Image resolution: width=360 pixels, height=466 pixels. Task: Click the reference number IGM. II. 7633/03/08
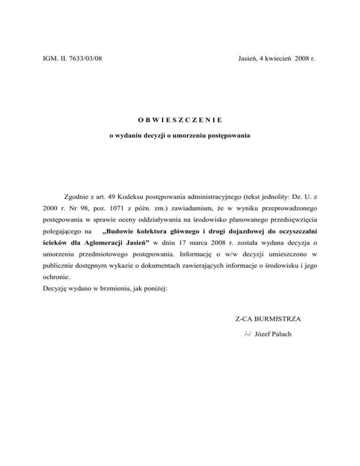[70, 58]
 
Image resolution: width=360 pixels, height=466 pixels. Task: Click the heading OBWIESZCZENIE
[180, 119]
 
